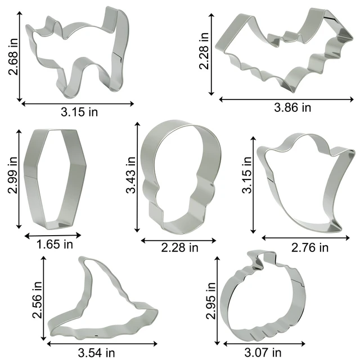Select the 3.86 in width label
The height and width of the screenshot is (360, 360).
(292, 107)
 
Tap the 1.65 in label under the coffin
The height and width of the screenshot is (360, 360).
(55, 244)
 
